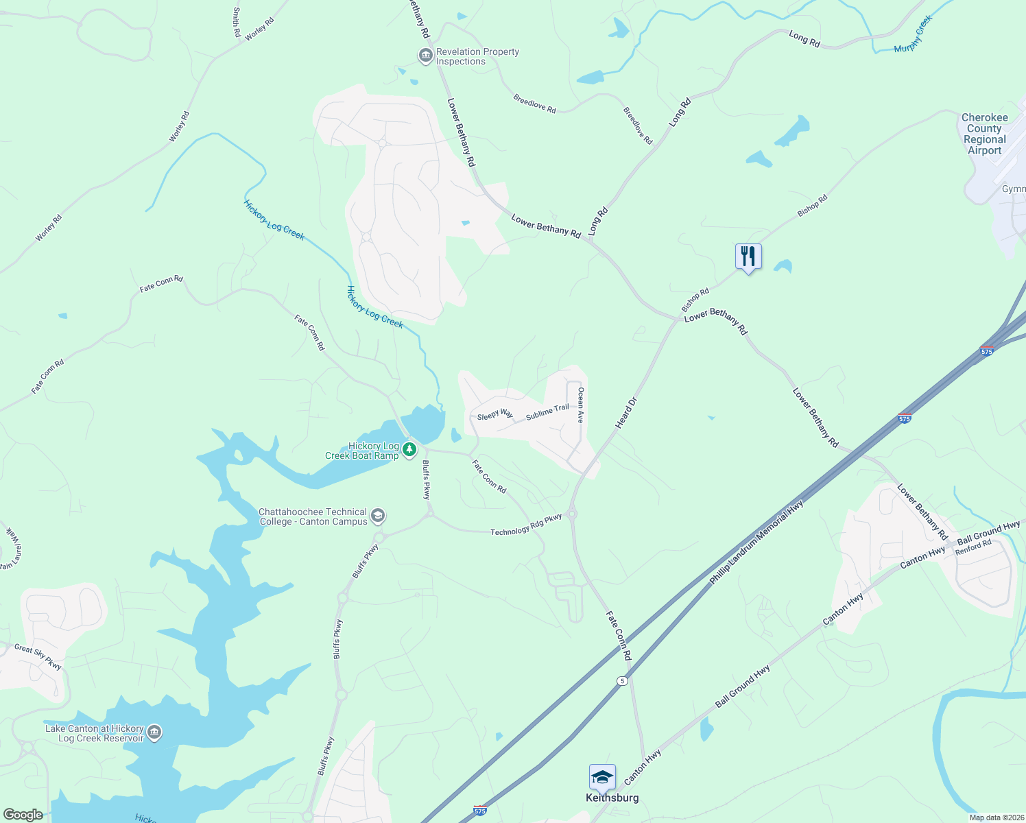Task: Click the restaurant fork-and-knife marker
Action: click(x=748, y=257)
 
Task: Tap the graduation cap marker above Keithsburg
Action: click(x=601, y=777)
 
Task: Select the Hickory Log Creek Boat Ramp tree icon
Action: click(x=409, y=450)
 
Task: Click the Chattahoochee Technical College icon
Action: click(x=378, y=516)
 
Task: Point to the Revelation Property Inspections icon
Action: click(x=426, y=55)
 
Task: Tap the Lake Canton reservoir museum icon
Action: click(x=154, y=732)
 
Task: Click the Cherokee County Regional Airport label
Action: click(x=984, y=134)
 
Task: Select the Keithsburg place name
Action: click(x=612, y=798)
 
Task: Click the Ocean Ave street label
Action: click(x=580, y=405)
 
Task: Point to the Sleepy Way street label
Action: click(x=495, y=414)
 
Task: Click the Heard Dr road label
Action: click(x=626, y=413)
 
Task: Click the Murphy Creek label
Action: click(x=914, y=34)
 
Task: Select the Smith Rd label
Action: click(x=237, y=22)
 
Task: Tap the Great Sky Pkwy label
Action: click(x=38, y=656)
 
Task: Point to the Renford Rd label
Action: click(x=973, y=547)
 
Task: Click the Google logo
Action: click(x=23, y=815)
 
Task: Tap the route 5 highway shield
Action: click(x=622, y=680)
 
